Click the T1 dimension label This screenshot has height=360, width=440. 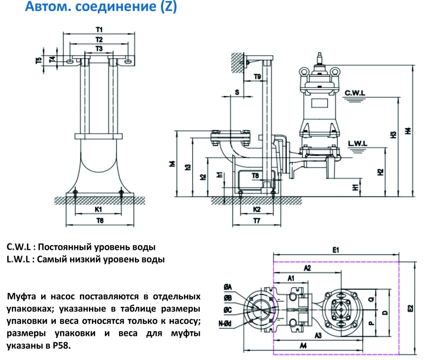click(99, 30)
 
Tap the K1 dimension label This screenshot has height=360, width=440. click(98, 209)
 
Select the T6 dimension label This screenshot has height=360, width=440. click(100, 220)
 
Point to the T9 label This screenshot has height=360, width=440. click(257, 77)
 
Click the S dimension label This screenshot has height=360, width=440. click(237, 92)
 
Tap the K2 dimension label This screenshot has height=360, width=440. click(257, 209)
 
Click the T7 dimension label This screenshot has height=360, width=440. click(257, 221)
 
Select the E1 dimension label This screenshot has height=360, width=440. click(336, 249)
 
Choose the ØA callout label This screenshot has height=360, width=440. click(228, 287)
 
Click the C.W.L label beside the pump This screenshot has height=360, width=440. click(355, 92)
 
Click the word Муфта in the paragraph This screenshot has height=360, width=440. click(21, 297)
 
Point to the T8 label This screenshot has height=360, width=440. click(255, 175)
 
